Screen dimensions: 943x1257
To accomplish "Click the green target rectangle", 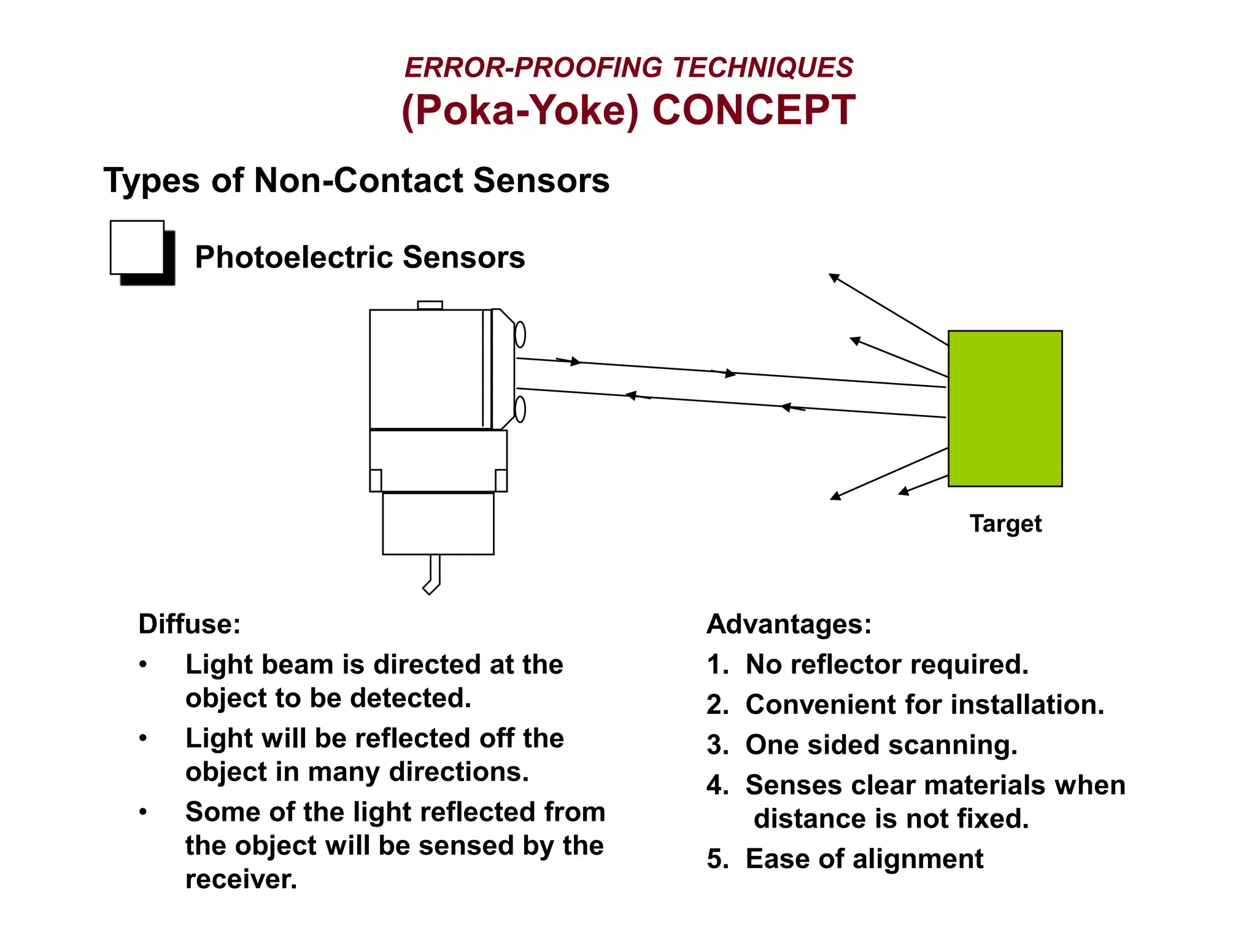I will pyautogui.click(x=1005, y=408).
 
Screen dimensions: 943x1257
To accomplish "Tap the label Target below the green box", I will pyautogui.click(x=1005, y=524).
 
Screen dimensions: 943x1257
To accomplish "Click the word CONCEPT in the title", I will pyautogui.click(x=754, y=111).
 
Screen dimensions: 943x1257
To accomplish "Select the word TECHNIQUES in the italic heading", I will pyautogui.click(x=762, y=68).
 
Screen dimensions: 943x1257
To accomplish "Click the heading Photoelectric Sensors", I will pyautogui.click(x=360, y=257).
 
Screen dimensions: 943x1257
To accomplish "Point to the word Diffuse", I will pyautogui.click(x=189, y=624).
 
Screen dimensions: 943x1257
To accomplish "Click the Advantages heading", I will pyautogui.click(x=789, y=624).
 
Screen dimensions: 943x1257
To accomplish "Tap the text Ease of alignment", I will pyautogui.click(x=864, y=859).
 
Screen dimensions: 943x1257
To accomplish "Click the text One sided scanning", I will pyautogui.click(x=881, y=745).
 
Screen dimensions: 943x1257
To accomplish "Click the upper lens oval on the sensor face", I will pyautogui.click(x=520, y=335).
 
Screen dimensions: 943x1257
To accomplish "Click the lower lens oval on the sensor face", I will pyautogui.click(x=520, y=409).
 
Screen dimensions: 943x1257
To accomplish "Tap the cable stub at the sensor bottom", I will pyautogui.click(x=433, y=575).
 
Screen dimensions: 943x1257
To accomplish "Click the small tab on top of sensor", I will pyautogui.click(x=430, y=305).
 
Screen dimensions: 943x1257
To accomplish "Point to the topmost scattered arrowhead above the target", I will pyautogui.click(x=833, y=277).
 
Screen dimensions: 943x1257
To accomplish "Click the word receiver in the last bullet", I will pyautogui.click(x=241, y=880).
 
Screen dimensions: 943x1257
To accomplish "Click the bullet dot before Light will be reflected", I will pyautogui.click(x=143, y=738).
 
